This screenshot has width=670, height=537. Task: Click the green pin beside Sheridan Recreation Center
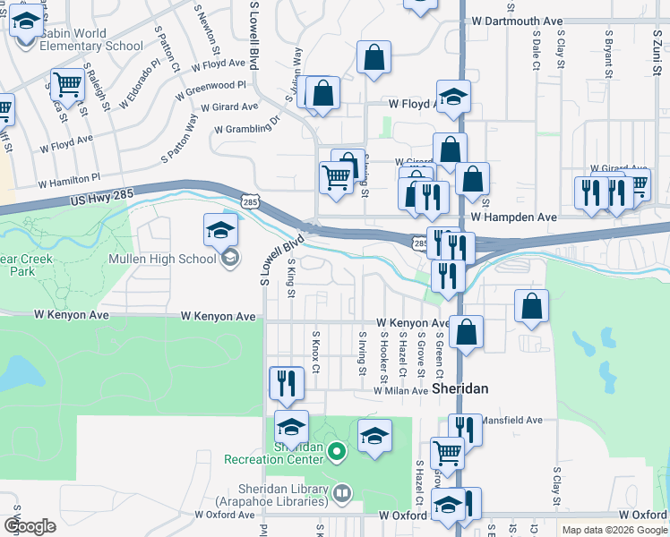(x=336, y=451)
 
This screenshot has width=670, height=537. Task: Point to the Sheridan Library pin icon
(x=341, y=493)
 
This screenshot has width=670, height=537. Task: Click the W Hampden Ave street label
(x=514, y=217)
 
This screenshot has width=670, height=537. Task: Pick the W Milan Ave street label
(x=400, y=391)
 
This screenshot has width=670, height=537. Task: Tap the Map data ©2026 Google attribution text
(x=614, y=530)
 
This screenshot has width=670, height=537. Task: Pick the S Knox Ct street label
(x=315, y=353)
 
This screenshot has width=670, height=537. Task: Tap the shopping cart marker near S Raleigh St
(x=67, y=85)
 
